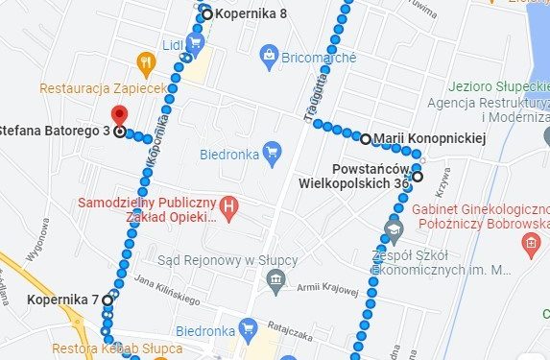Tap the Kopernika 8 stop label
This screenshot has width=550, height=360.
point(251,14)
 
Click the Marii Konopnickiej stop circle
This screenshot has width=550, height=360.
point(366,139)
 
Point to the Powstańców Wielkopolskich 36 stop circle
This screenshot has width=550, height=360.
point(418,176)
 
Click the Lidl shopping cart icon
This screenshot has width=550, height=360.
point(195,43)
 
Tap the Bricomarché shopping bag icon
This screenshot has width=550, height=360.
point(270,57)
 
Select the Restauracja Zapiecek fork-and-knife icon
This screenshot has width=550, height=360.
point(145,64)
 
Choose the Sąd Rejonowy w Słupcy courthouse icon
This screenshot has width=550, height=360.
point(276,279)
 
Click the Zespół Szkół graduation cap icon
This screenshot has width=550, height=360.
point(392,228)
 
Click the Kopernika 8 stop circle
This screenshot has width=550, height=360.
point(206,14)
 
